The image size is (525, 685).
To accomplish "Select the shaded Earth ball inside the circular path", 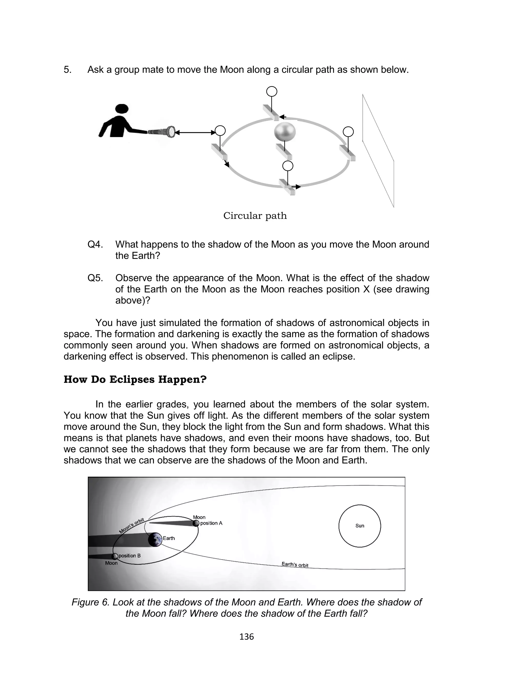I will pyautogui.click(x=284, y=132).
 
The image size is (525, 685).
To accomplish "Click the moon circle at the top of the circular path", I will pyautogui.click(x=271, y=92).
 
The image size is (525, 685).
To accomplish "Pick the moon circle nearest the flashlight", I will pyautogui.click(x=220, y=131).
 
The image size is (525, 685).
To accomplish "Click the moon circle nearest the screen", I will pyautogui.click(x=348, y=132).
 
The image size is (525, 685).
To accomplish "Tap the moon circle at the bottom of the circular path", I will pyautogui.click(x=288, y=166).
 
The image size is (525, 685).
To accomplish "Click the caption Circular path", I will pyautogui.click(x=255, y=216).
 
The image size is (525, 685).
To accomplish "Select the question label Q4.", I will pyautogui.click(x=95, y=244).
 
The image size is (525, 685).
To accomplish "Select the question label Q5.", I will pyautogui.click(x=95, y=278).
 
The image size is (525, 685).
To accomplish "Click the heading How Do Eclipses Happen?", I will pyautogui.click(x=135, y=379).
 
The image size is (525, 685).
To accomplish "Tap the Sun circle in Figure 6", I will pyautogui.click(x=360, y=526).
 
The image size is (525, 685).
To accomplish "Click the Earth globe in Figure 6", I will pyautogui.click(x=155, y=539).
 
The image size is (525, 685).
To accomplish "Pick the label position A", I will pyautogui.click(x=211, y=523).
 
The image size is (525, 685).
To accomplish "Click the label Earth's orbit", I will pyautogui.click(x=295, y=565).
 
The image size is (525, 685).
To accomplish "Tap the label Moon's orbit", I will pyautogui.click(x=132, y=525).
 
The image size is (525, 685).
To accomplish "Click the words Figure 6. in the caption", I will pyautogui.click(x=91, y=602).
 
